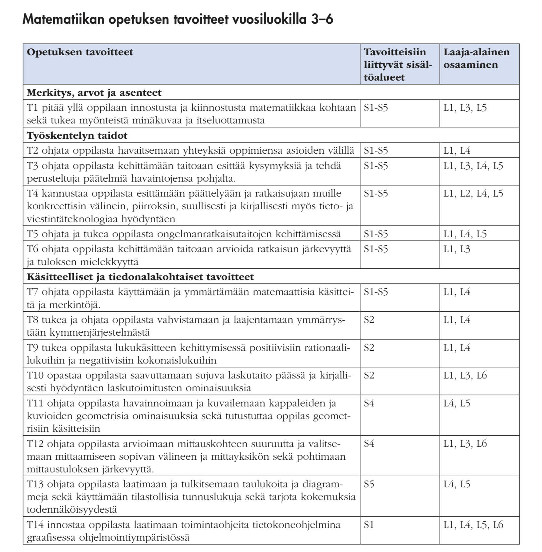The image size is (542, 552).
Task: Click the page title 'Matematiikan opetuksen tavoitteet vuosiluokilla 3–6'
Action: [178, 19]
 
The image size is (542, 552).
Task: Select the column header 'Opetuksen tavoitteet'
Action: [80, 52]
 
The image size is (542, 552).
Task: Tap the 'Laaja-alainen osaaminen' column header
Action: [476, 58]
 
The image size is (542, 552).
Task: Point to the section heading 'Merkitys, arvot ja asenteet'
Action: [94, 93]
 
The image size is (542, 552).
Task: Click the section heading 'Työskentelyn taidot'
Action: [77, 135]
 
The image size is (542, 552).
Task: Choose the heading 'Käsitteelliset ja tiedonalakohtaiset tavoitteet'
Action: [140, 277]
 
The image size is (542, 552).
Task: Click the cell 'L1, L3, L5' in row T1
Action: [465, 108]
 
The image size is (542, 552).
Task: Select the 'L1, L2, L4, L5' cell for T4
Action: [473, 194]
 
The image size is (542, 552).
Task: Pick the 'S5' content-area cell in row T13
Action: [369, 484]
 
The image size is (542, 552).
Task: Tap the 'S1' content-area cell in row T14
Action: [369, 525]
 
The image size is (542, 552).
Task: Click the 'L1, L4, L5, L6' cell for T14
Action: [473, 525]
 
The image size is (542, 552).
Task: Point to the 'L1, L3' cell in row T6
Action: [457, 249]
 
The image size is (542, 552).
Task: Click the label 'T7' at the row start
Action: [33, 292]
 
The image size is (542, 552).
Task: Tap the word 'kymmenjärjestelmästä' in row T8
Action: [99, 333]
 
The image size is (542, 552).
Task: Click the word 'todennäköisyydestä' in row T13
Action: [71, 509]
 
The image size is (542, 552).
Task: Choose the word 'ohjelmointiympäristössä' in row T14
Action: [134, 538]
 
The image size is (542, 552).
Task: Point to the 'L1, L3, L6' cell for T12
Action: [465, 444]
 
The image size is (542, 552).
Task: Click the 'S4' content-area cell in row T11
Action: [369, 404]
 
